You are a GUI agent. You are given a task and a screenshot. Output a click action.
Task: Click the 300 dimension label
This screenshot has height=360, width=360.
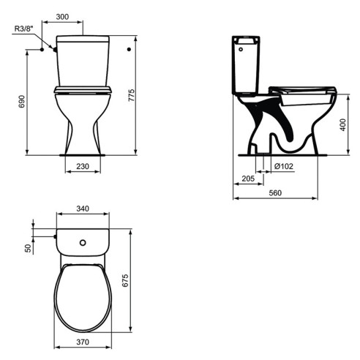pyautogui.click(x=62, y=17)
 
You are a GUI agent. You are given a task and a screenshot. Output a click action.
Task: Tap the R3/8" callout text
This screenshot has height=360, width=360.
pyautogui.click(x=23, y=29)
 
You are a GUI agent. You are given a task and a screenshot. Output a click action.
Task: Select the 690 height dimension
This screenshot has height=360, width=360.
pyautogui.click(x=22, y=102)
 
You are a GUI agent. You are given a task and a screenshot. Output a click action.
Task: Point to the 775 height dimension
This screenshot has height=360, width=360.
pyautogui.click(x=131, y=95)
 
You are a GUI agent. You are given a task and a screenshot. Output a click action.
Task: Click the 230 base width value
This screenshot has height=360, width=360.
pyautogui.click(x=83, y=166)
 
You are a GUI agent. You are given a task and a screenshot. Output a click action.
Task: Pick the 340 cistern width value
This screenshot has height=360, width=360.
pyautogui.click(x=83, y=209)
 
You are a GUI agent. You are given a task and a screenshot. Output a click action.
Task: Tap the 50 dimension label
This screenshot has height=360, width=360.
pyautogui.click(x=29, y=248)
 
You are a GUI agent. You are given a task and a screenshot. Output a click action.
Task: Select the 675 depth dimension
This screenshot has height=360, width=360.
pyautogui.click(x=125, y=280)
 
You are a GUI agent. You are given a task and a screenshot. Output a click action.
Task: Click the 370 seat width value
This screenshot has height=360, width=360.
pyautogui.click(x=83, y=342)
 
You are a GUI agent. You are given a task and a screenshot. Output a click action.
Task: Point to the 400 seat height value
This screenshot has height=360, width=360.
pyautogui.click(x=342, y=125)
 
